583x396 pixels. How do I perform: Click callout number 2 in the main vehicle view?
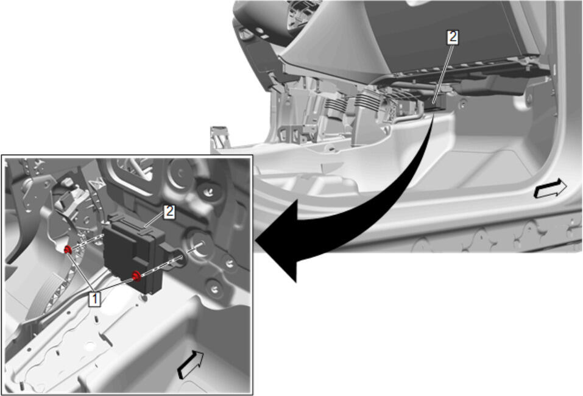click(x=453, y=38)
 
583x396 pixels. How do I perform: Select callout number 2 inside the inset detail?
click(x=169, y=212)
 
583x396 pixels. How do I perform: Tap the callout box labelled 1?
click(x=94, y=299)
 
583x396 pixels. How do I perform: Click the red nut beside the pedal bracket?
click(x=68, y=250)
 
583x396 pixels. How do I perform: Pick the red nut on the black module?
click(x=136, y=276)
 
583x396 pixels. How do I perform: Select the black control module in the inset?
click(x=134, y=253)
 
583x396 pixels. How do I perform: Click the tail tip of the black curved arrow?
click(x=434, y=116)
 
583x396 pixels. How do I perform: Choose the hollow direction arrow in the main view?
click(x=550, y=188)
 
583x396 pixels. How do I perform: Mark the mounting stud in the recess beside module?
click(x=199, y=244)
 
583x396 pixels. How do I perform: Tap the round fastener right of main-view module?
click(x=462, y=105)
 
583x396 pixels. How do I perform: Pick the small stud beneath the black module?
click(x=144, y=297)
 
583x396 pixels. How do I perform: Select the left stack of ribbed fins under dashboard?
click(x=336, y=105)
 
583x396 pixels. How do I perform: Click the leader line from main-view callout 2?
click(x=444, y=72)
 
